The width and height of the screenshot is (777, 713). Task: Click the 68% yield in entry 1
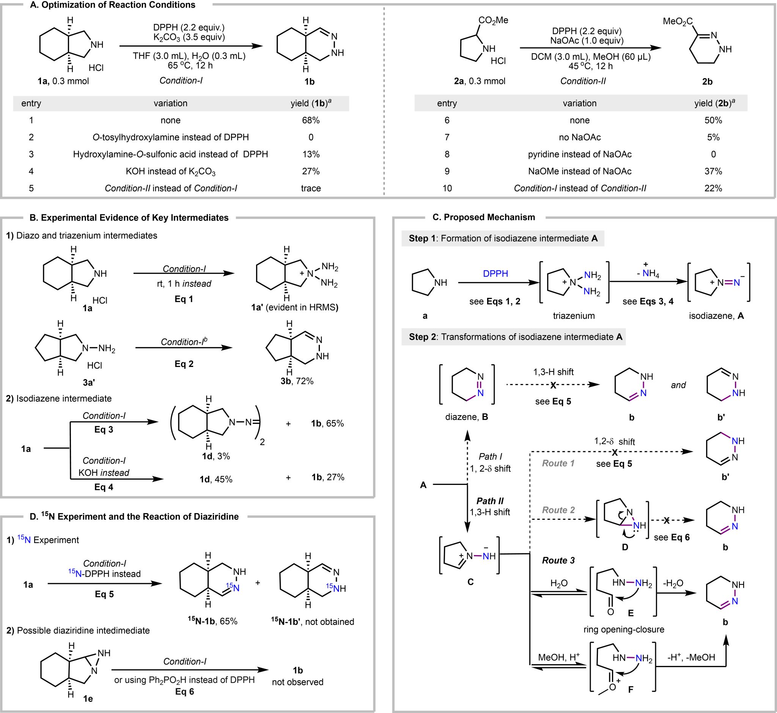(x=311, y=120)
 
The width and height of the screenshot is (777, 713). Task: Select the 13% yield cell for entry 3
(x=311, y=154)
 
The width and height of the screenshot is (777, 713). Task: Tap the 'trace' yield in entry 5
(x=311, y=188)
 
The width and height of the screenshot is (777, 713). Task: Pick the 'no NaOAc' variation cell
(x=579, y=137)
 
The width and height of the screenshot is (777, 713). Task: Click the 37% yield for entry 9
(x=713, y=171)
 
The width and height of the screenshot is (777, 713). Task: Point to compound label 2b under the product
(x=707, y=82)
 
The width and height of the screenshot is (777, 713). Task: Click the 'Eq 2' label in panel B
(x=184, y=364)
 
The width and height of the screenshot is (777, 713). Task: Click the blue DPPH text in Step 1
(x=495, y=274)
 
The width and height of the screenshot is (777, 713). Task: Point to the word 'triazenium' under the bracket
(x=574, y=316)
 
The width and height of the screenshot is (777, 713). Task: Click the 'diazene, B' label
(x=466, y=417)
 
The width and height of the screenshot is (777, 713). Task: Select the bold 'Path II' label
(x=490, y=501)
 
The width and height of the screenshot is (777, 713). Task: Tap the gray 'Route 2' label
(x=558, y=510)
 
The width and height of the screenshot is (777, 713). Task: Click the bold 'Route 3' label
(x=558, y=560)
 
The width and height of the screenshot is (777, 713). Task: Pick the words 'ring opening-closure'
(x=624, y=629)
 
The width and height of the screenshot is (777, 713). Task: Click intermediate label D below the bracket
(x=625, y=547)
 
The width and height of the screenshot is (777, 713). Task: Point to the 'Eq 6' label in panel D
(x=184, y=692)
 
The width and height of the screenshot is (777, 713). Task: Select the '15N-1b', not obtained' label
(x=312, y=622)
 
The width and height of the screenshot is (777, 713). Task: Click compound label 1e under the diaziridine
(x=88, y=698)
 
